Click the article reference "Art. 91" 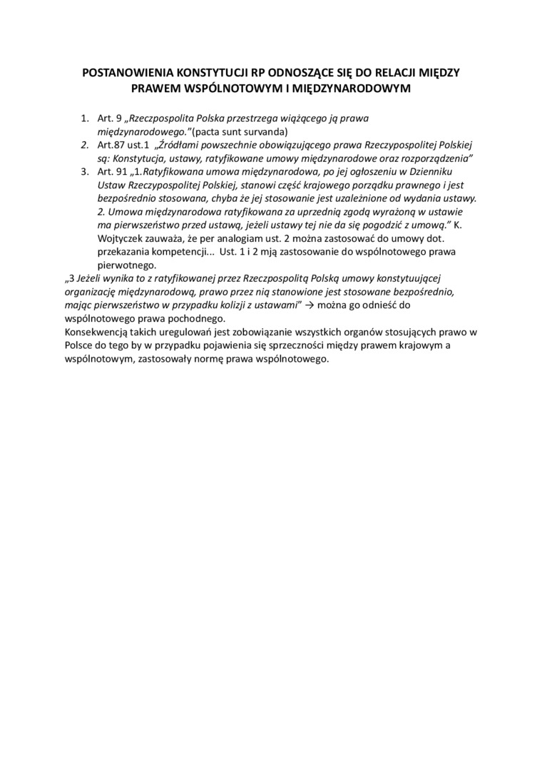[111, 172]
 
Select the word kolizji [230, 305]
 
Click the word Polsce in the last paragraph [79, 345]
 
